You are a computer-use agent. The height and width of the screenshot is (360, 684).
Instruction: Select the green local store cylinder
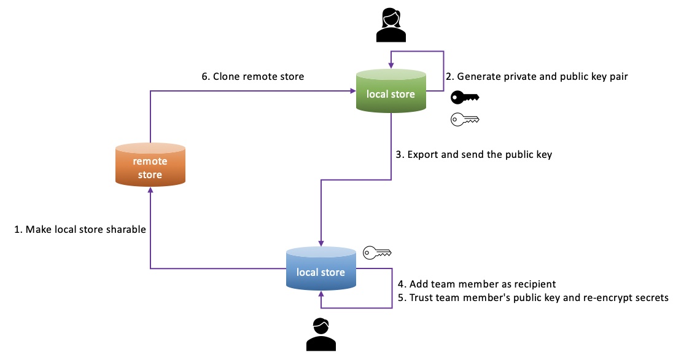click(x=391, y=92)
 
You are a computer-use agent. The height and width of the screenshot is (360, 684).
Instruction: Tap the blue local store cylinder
click(x=321, y=270)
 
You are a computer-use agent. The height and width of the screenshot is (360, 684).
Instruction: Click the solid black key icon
click(x=464, y=98)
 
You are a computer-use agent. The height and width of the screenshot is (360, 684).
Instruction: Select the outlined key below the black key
click(x=464, y=119)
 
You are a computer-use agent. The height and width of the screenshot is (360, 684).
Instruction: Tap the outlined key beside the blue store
click(x=377, y=252)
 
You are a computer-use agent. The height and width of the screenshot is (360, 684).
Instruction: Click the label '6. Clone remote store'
click(x=253, y=77)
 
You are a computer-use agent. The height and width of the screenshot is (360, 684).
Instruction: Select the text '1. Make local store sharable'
click(x=80, y=230)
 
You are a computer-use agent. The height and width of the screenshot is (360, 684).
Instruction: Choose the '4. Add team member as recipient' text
click(x=476, y=284)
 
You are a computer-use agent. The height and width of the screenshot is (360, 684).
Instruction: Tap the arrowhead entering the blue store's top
click(x=321, y=244)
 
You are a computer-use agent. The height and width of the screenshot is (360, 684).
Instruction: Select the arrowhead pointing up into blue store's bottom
click(x=321, y=295)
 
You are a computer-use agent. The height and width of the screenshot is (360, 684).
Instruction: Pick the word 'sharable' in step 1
click(x=127, y=230)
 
